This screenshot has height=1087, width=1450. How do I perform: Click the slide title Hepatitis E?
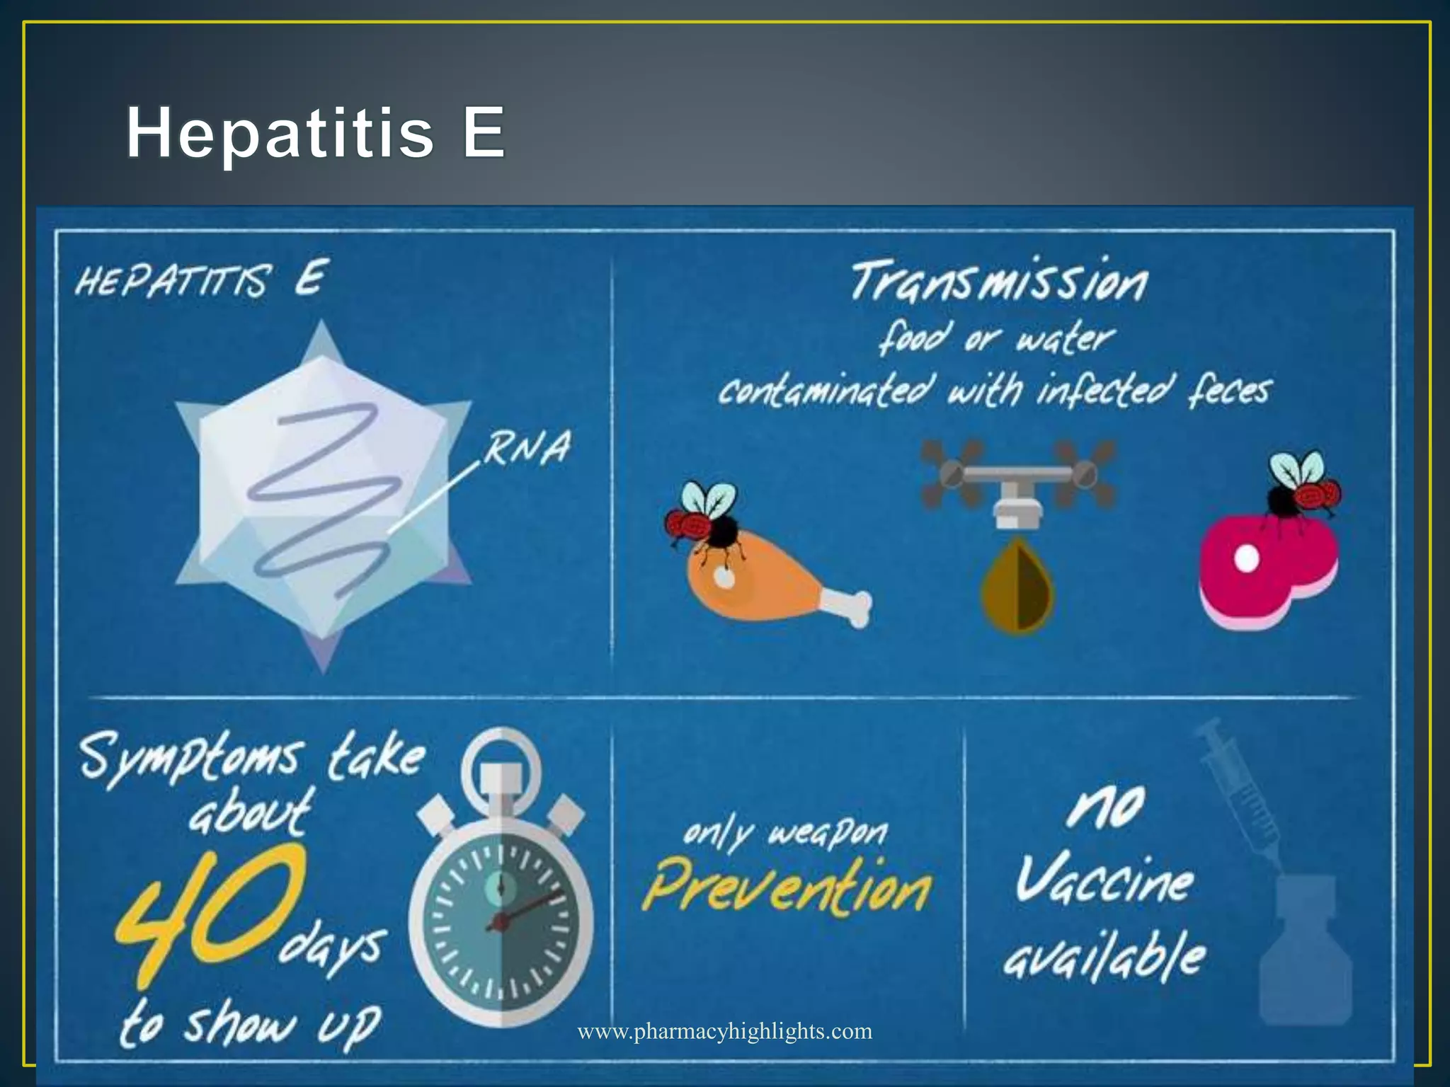tap(315, 132)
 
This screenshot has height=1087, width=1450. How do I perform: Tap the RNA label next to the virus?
tap(527, 448)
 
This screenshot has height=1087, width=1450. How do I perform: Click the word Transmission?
tap(998, 282)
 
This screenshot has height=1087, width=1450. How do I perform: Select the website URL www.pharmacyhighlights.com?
tap(725, 1031)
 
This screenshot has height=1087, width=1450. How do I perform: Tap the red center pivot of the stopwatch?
tap(500, 921)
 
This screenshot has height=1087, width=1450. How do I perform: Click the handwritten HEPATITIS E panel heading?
tap(202, 279)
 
